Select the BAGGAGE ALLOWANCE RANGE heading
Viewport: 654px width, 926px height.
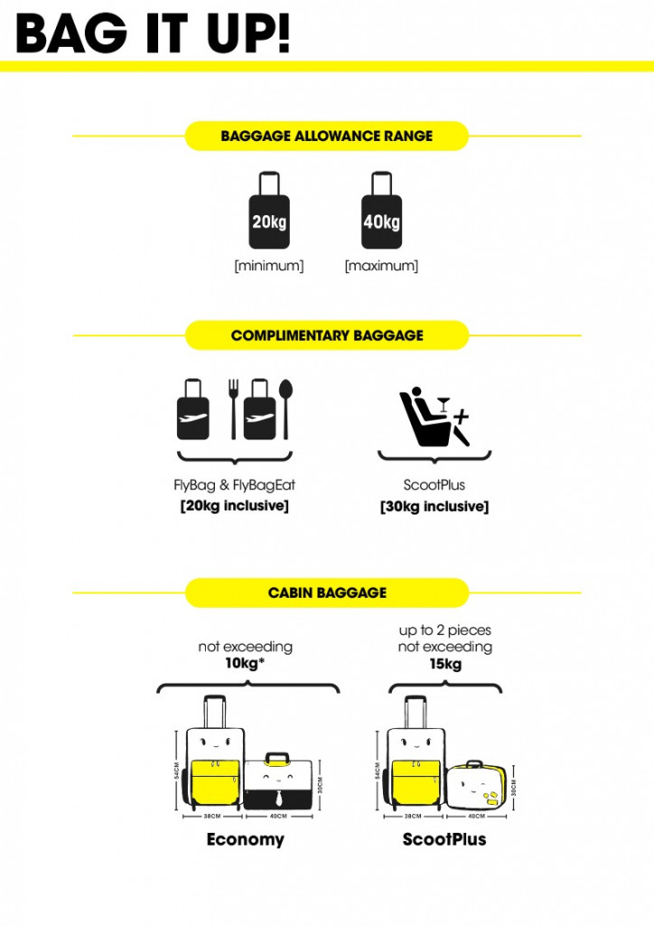pos(326,137)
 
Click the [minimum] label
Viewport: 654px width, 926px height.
pos(269,266)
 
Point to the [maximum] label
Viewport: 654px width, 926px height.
pos(381,266)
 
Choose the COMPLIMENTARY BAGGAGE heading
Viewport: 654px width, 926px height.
pos(326,335)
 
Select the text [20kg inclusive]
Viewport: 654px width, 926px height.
pos(234,506)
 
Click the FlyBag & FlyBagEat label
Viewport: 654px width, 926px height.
pos(234,486)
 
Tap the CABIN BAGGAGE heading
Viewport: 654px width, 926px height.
pos(326,593)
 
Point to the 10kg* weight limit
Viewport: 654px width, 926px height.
pos(246,665)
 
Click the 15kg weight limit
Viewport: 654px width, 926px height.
pos(445,665)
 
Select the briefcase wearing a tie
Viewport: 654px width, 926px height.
pos(278,780)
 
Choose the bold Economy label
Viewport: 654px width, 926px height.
pos(245,839)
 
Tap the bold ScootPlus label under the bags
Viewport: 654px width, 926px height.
pos(444,839)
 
